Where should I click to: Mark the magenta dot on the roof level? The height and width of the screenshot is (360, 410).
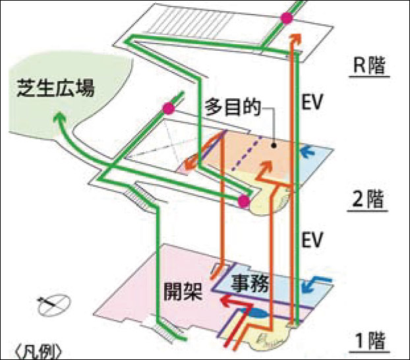(x=287, y=18)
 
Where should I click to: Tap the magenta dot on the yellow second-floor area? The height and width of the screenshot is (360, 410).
(x=243, y=200)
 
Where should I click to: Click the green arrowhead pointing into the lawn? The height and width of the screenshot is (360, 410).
(x=58, y=119)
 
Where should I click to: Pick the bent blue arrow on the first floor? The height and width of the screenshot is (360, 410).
(x=316, y=285)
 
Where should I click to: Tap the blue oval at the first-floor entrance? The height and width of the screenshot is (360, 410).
(x=260, y=315)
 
